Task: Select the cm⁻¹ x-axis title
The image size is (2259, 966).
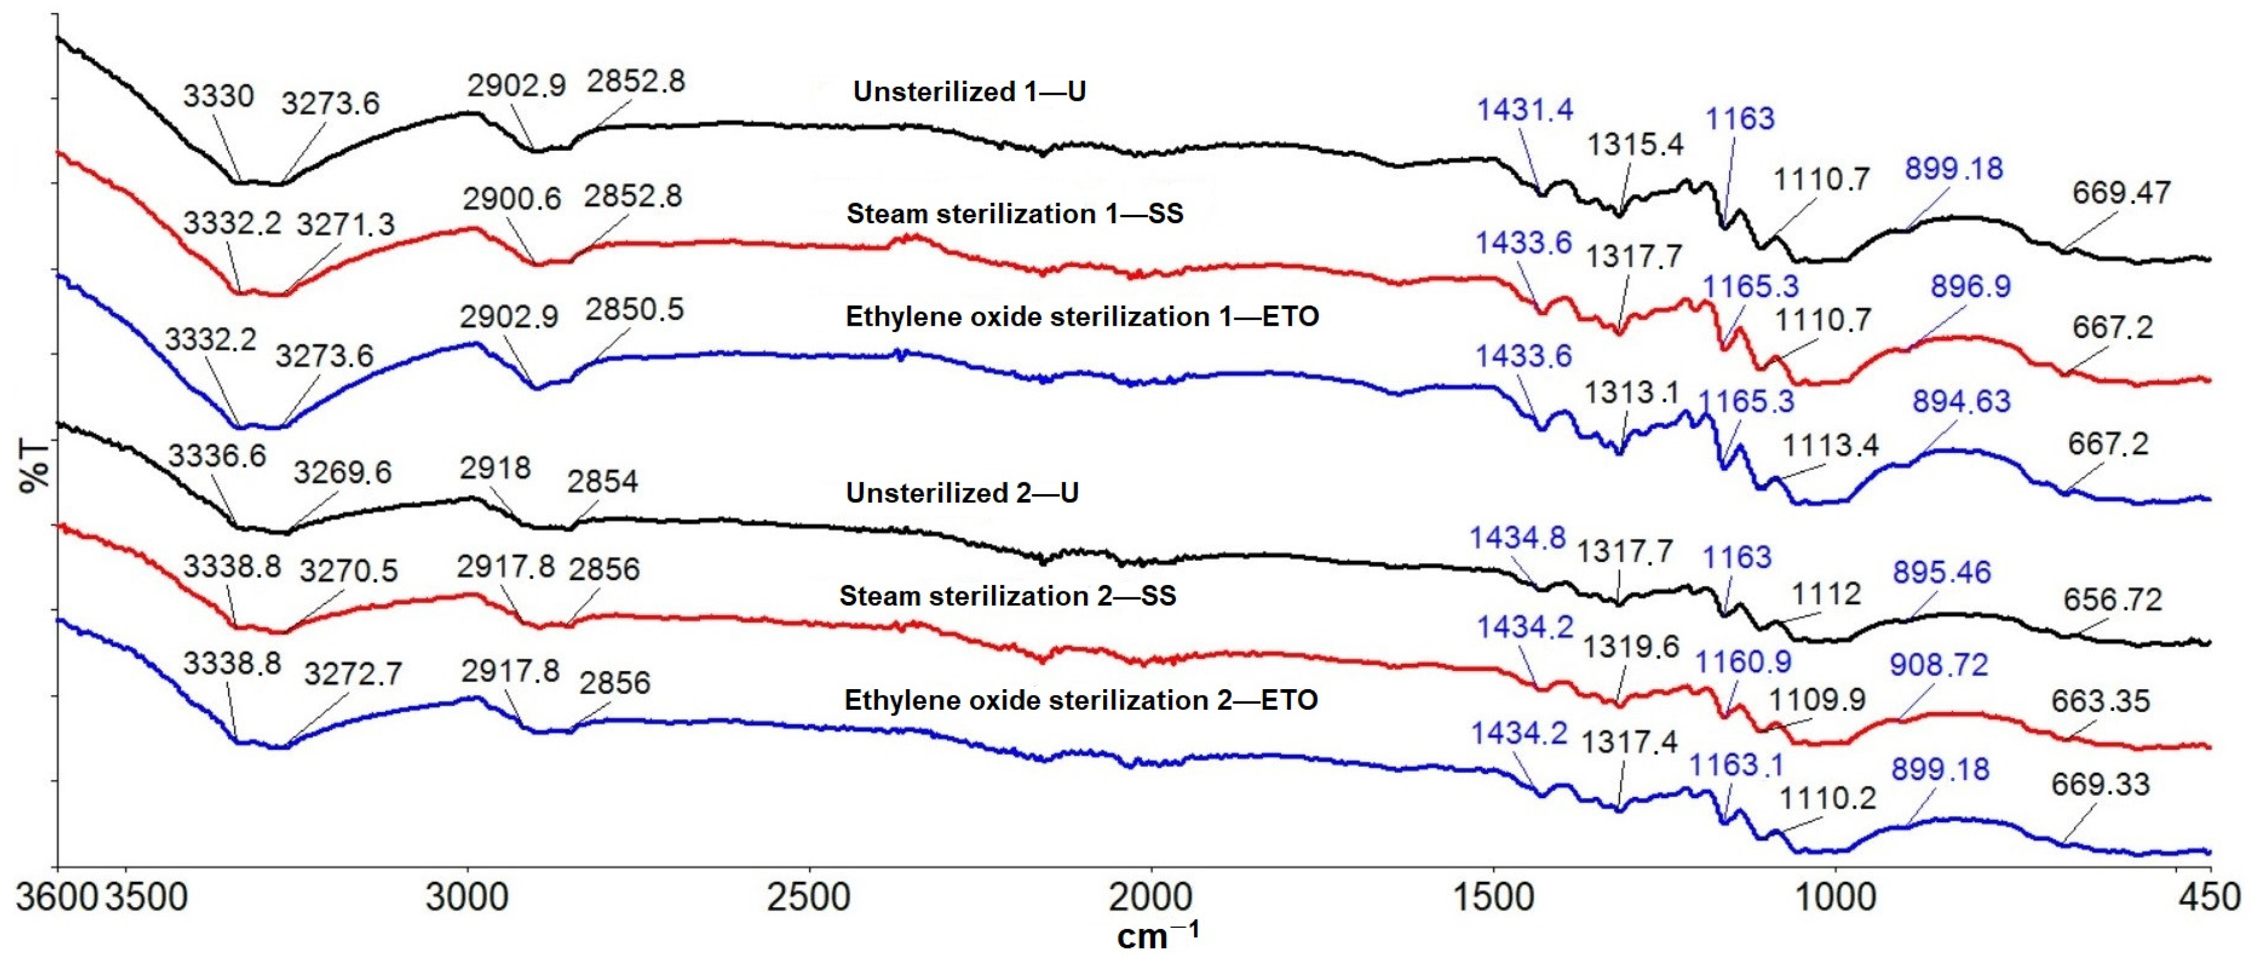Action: (x=1156, y=935)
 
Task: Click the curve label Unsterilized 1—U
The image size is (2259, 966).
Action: (x=969, y=92)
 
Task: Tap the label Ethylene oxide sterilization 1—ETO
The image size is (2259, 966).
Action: (x=1082, y=316)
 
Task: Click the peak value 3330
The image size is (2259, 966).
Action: (x=219, y=95)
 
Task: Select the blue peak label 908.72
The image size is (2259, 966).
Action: (x=1938, y=666)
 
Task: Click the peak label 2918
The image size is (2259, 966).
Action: (x=496, y=468)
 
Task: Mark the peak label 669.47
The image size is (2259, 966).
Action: (x=2121, y=193)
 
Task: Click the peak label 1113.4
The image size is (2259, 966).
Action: (x=1830, y=446)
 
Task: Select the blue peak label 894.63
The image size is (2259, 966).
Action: (x=1961, y=402)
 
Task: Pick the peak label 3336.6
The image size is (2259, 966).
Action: (x=217, y=456)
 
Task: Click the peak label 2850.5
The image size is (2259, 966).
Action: (x=634, y=309)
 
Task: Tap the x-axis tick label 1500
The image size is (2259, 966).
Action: (x=1493, y=898)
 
